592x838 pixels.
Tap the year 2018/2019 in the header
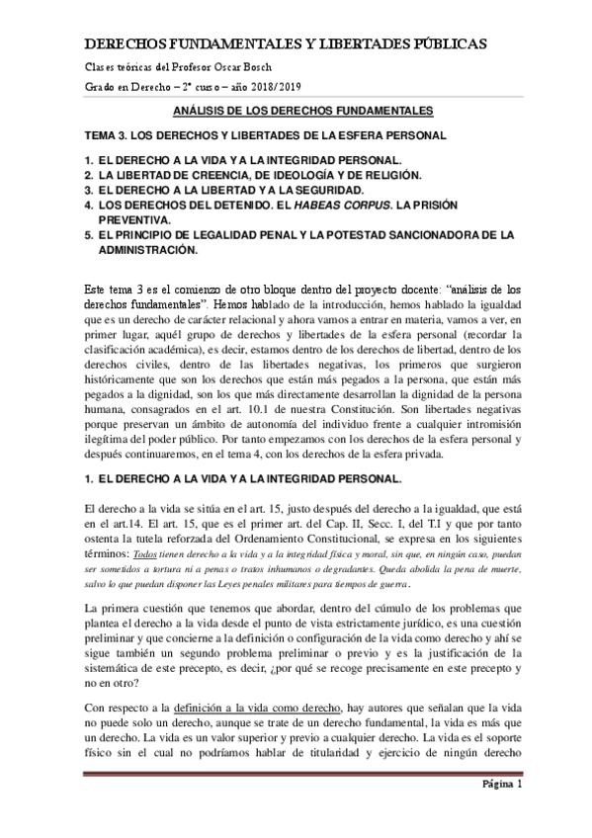pyautogui.click(x=243, y=88)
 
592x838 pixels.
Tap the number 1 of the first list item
pyautogui.click(x=87, y=159)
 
